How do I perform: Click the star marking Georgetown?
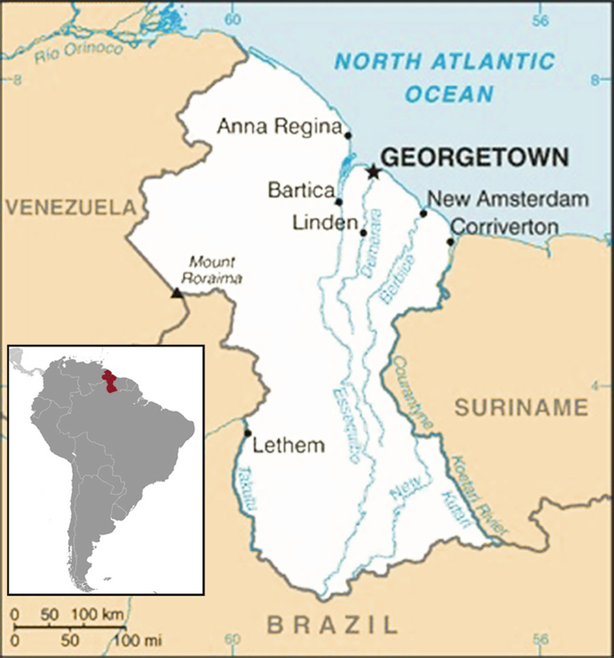coord(373,171)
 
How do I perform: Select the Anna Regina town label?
coord(280,127)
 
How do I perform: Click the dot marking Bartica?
coord(339,201)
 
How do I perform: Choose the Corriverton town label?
coord(503,227)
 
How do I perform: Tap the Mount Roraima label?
coord(212,269)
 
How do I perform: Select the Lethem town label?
coord(289,445)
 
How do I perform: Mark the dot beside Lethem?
coord(247,433)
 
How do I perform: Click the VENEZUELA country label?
coord(70,208)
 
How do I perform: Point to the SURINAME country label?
coord(521,408)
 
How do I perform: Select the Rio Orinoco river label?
coord(79,54)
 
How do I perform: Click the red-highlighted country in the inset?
coord(111,381)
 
